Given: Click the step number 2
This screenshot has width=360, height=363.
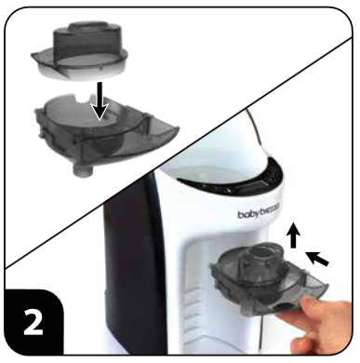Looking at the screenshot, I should click(x=33, y=327).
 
